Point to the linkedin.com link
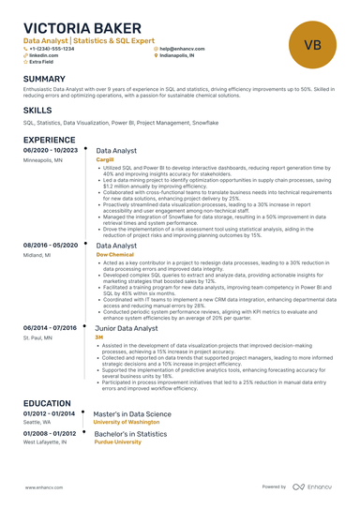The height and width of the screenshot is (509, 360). pyautogui.click(x=45, y=55)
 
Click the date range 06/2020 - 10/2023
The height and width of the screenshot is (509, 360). pyautogui.click(x=50, y=150)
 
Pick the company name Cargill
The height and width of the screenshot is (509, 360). pyautogui.click(x=105, y=160)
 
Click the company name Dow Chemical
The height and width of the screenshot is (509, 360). pyautogui.click(x=114, y=254)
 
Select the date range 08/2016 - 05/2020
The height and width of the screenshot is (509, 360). pyautogui.click(x=50, y=244)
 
